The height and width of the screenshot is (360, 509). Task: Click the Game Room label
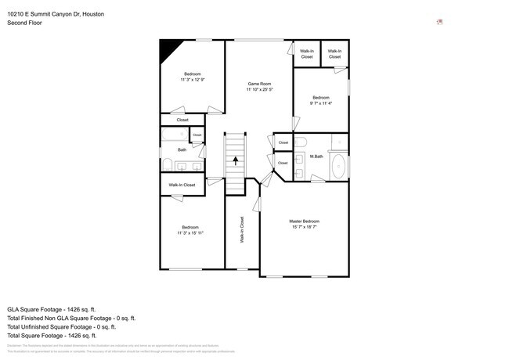point(259,84)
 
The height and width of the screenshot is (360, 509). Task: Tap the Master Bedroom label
point(304,221)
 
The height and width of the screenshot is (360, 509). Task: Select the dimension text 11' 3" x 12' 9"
point(192,80)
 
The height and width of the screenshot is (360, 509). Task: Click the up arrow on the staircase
point(236,160)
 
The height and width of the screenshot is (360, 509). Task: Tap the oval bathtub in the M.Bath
point(338,167)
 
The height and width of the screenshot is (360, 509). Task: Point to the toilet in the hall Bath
point(168,164)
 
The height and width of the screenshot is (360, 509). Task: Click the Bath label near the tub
point(182,149)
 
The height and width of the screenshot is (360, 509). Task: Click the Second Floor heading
point(24,23)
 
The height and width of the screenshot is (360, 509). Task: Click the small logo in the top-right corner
point(440,22)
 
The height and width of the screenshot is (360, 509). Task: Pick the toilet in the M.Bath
point(301,142)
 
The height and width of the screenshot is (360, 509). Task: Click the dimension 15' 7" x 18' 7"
point(304,228)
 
